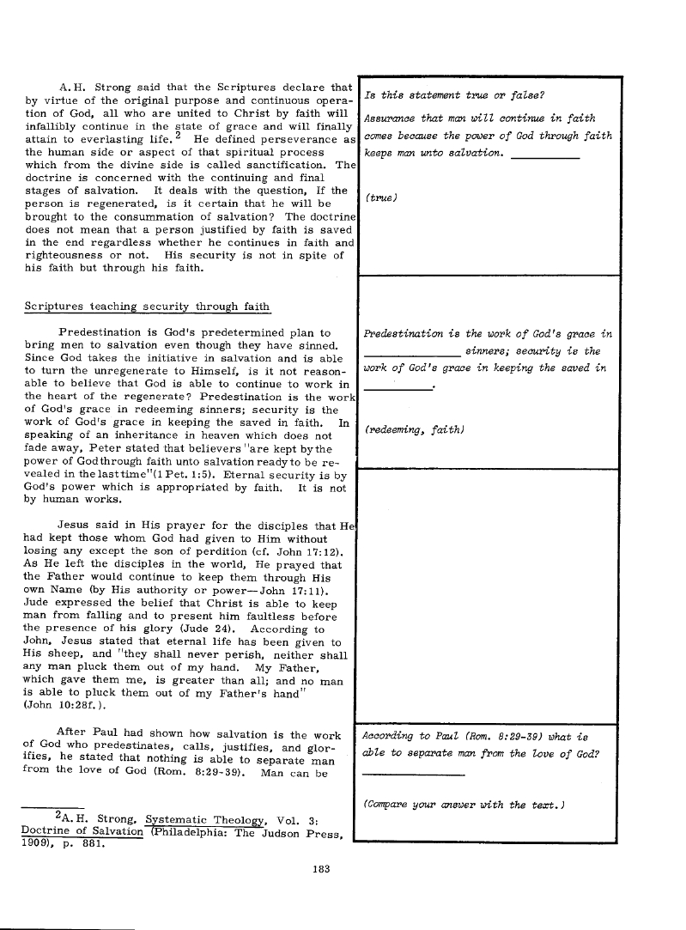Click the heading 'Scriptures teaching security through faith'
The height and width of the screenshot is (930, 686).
[147, 307]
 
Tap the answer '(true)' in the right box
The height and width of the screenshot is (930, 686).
[382, 198]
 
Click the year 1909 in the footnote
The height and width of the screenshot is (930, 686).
[36, 842]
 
